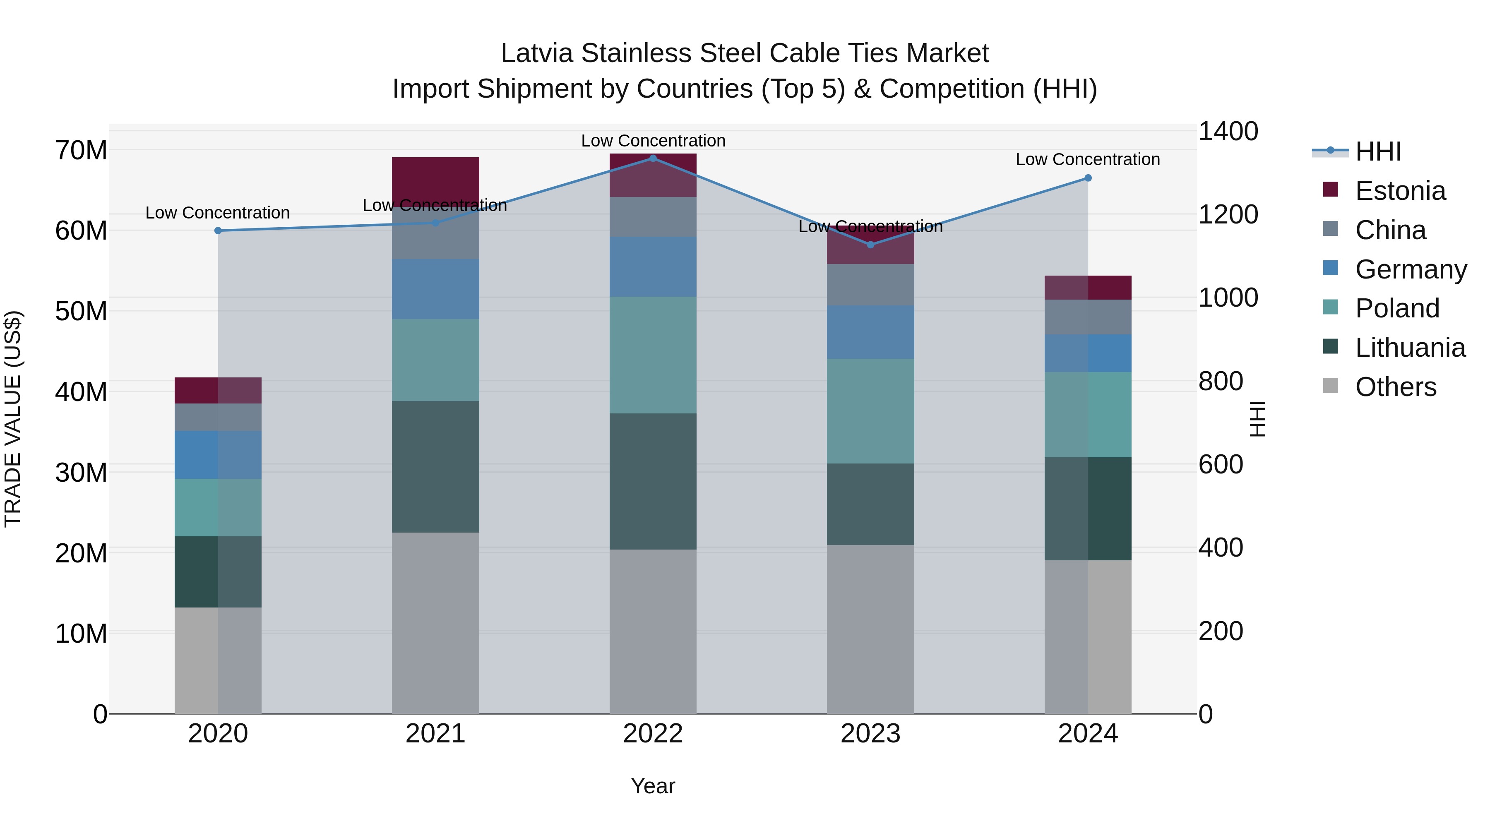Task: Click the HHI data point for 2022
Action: [x=653, y=158]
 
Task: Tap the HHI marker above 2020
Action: [x=218, y=231]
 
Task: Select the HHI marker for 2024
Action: [x=1088, y=178]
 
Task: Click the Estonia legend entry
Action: [x=1400, y=191]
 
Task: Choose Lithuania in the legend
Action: [x=1410, y=348]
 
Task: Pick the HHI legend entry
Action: [x=1378, y=151]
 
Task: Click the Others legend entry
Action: [x=1395, y=387]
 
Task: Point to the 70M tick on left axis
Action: [x=81, y=150]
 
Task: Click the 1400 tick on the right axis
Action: [x=1228, y=131]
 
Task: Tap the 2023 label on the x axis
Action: [x=870, y=734]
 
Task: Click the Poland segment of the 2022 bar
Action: [x=653, y=355]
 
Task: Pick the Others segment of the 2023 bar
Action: [x=870, y=629]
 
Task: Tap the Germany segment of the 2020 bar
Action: [x=218, y=454]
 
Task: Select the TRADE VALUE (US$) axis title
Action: [x=13, y=419]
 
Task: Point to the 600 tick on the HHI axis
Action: [x=1221, y=464]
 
